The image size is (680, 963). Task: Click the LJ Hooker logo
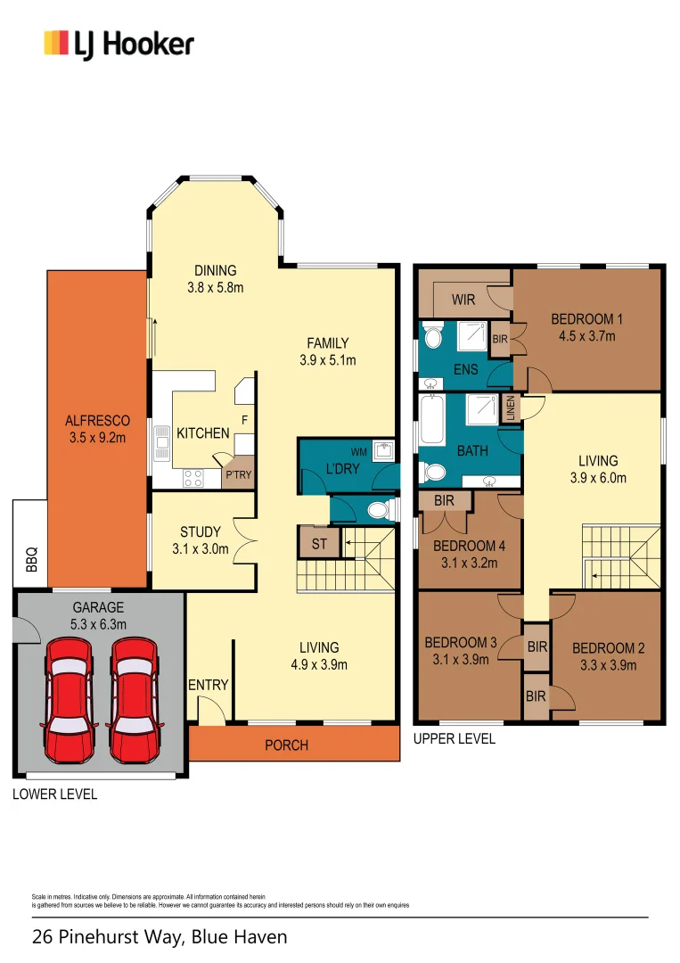click(x=119, y=44)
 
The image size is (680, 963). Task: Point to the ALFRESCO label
click(x=97, y=421)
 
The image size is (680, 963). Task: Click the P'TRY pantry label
click(x=238, y=475)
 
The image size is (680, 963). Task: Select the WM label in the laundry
click(x=358, y=453)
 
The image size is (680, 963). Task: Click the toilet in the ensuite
click(x=433, y=336)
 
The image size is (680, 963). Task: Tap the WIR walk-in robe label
click(x=463, y=300)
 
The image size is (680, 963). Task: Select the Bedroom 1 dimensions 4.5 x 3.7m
click(x=586, y=336)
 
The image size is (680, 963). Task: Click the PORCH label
click(x=286, y=745)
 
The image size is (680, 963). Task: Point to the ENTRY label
click(x=209, y=685)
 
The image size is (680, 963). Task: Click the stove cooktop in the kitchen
click(x=193, y=477)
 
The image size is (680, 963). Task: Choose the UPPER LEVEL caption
click(x=455, y=739)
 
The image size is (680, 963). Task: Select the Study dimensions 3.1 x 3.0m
click(x=200, y=549)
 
